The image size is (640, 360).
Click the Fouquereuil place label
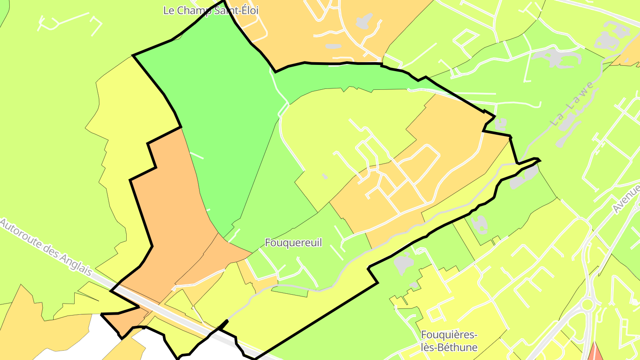[293, 243]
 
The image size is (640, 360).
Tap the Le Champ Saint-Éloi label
[211, 10]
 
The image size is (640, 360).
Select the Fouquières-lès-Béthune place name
[449, 341]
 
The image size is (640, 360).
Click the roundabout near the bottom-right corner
[588, 305]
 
